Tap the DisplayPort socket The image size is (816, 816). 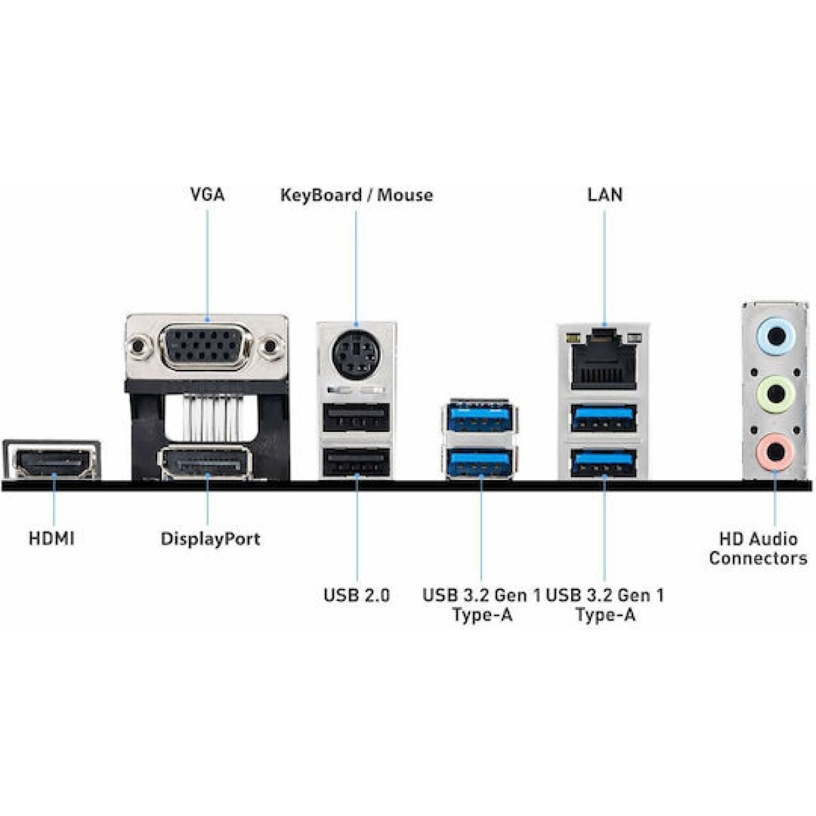point(205,464)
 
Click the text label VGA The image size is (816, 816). point(207,194)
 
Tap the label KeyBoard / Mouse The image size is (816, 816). point(356,195)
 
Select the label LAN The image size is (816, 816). point(605,194)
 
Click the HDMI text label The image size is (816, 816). point(52,539)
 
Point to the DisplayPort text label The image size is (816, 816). point(210,539)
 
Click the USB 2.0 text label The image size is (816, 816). point(356,595)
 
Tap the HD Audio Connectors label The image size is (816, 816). point(758,549)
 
